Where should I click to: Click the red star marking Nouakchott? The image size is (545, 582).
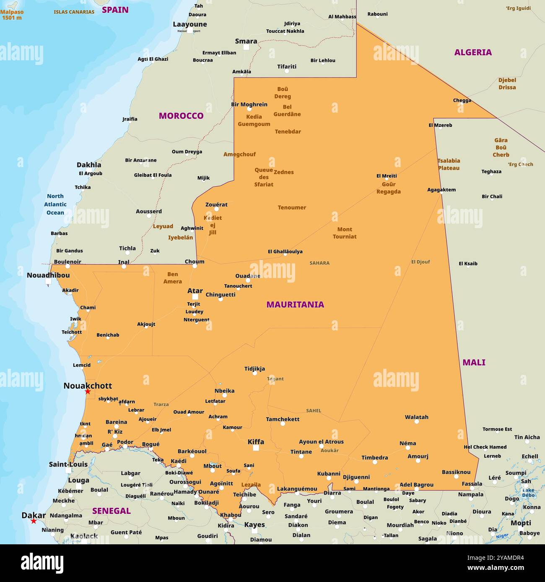coord(88,391)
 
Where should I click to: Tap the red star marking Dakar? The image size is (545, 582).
coord(34,521)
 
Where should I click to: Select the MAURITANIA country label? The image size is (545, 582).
coord(295,304)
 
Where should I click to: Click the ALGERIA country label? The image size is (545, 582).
coord(473,52)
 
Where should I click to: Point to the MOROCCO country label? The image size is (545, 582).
coord(181,116)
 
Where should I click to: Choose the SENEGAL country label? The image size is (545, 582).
coord(111,511)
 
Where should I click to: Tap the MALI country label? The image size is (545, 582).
coord(474,362)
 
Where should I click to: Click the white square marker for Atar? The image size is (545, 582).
coord(195,296)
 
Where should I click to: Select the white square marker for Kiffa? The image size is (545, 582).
coord(256,448)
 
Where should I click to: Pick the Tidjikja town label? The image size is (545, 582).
coord(254,369)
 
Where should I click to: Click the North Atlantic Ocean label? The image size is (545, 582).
coord(55,204)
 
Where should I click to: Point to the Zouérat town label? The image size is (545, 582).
coord(216,205)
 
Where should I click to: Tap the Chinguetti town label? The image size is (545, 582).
coord(221,294)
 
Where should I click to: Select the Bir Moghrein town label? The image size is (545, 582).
coord(249,104)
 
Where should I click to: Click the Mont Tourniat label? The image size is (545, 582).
coord(345,233)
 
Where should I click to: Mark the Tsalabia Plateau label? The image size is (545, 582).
coord(449,164)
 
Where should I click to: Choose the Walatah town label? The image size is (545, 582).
coord(416,417)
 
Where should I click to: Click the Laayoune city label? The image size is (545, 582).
coord(189,24)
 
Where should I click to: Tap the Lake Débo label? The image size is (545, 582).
coord(528,492)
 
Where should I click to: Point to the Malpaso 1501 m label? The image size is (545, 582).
coord(12,15)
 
